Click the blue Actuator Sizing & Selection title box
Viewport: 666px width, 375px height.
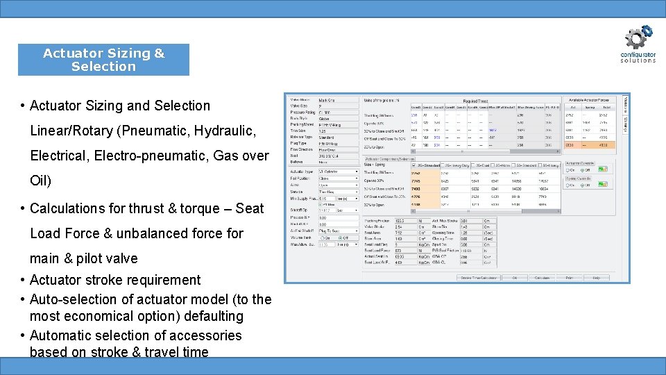tap(103, 60)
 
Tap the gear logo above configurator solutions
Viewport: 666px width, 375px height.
tap(638, 37)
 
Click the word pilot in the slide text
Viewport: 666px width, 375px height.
tap(92, 258)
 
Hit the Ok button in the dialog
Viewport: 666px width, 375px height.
tap(514, 277)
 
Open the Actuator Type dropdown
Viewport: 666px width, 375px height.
tap(338, 171)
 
